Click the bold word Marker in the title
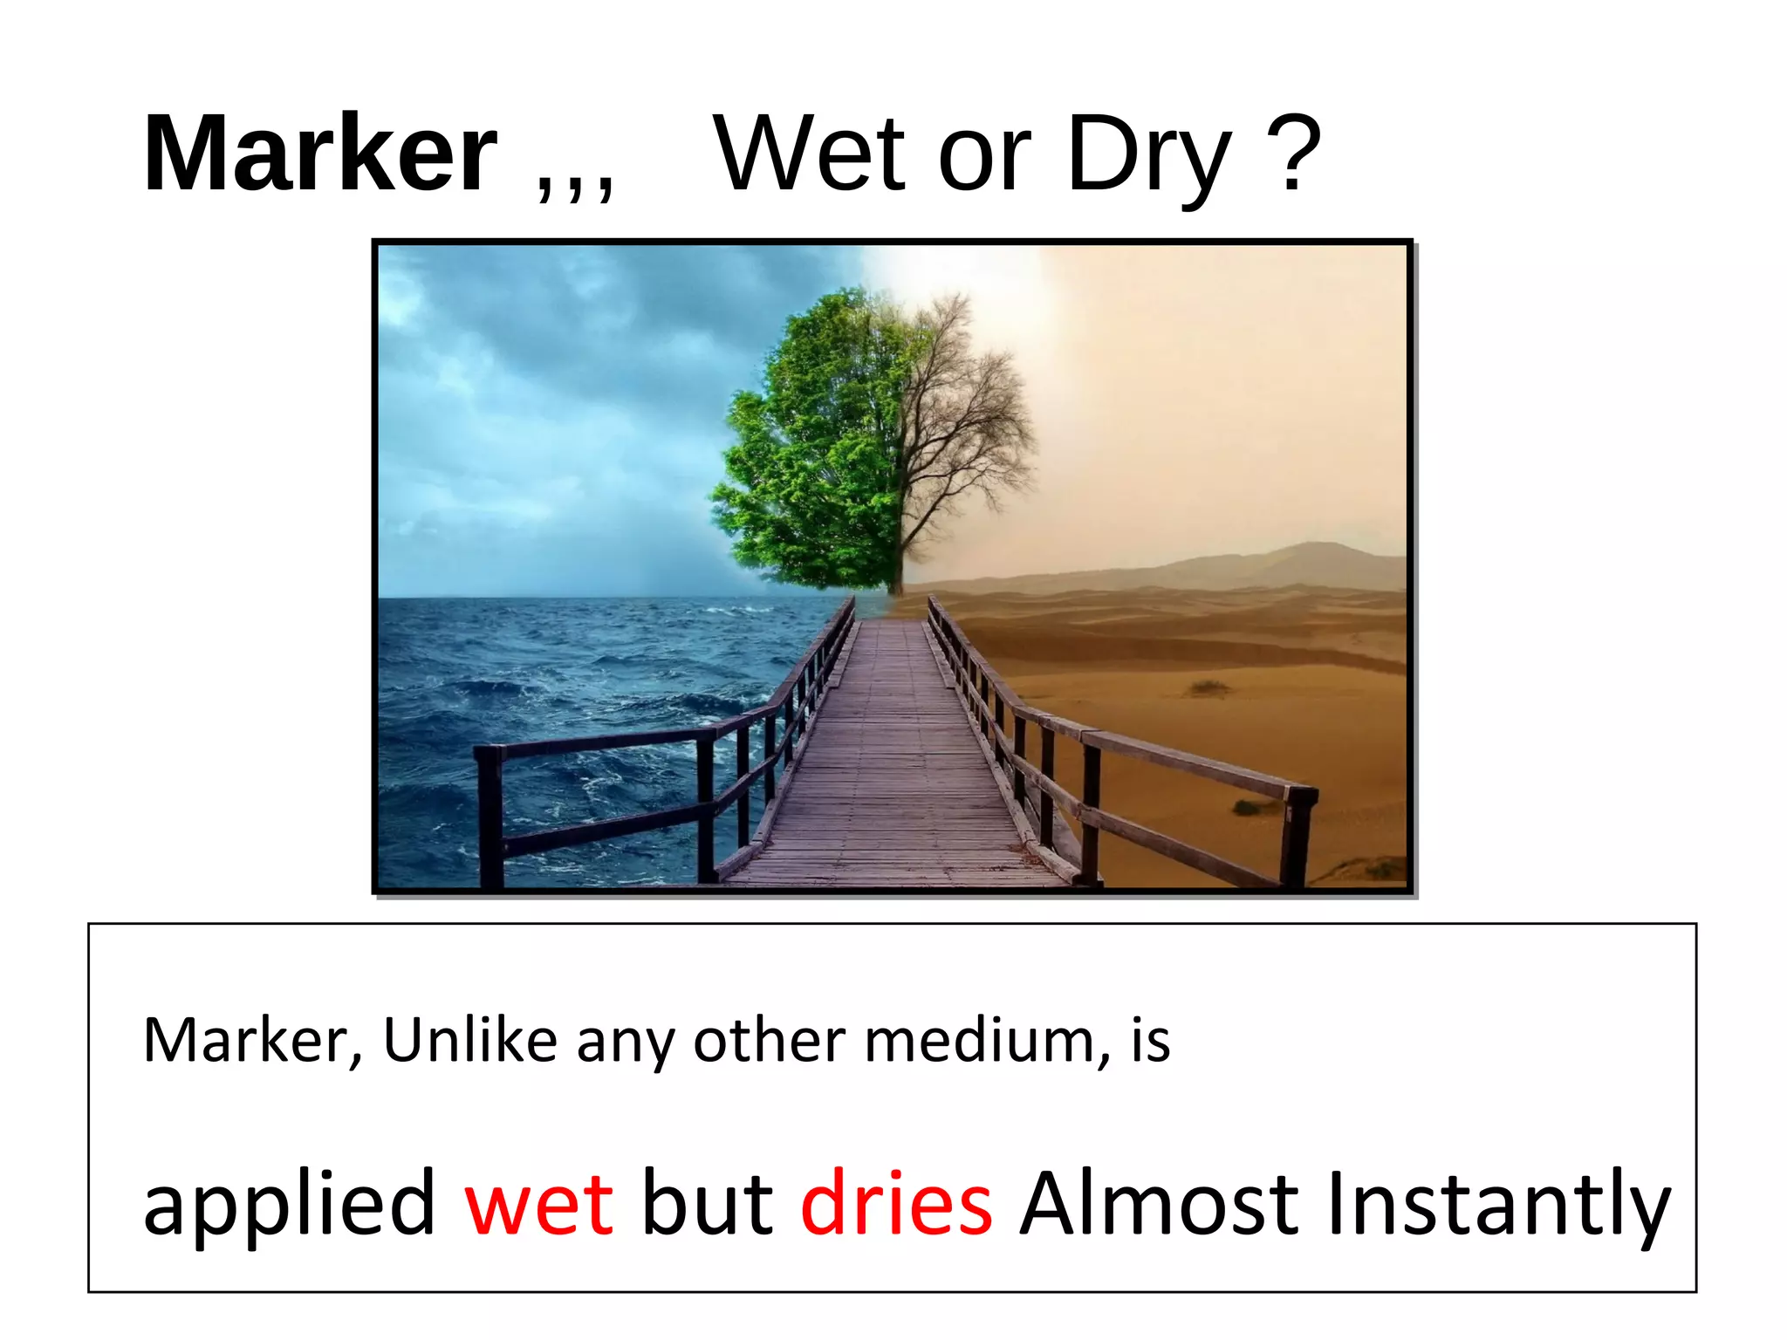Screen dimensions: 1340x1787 [319, 155]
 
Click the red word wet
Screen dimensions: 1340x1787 [538, 1205]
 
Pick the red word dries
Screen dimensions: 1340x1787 [896, 1203]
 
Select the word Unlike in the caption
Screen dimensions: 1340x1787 [469, 1041]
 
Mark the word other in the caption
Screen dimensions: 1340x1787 [769, 1041]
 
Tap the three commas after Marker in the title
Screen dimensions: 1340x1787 [574, 183]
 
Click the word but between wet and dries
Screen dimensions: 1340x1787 [707, 1203]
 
